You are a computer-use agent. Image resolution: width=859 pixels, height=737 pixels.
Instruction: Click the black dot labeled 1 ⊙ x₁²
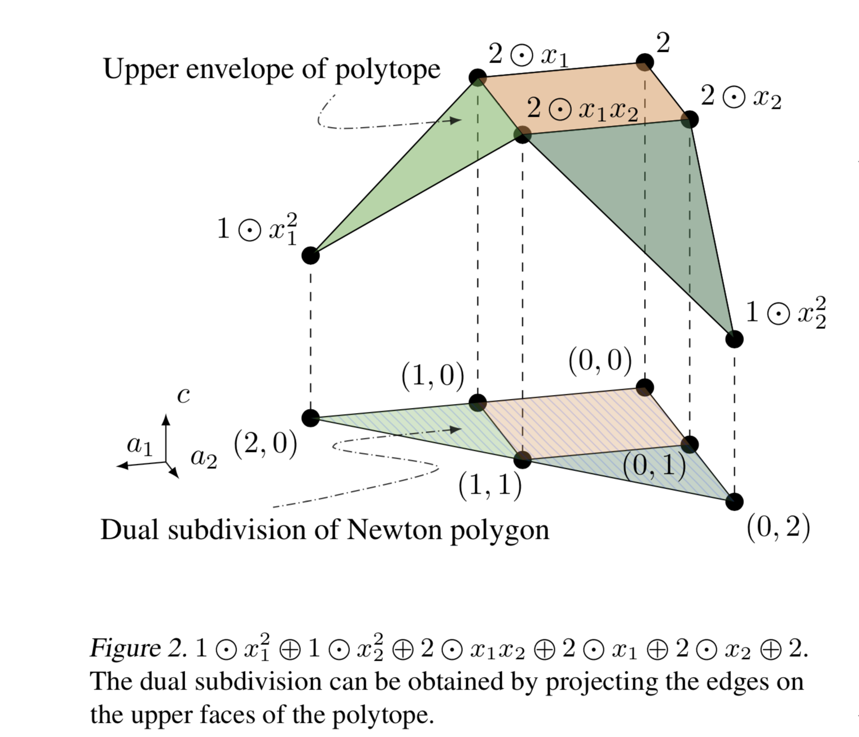point(310,255)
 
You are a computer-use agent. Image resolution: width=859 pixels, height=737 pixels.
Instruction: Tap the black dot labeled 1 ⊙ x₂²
point(734,339)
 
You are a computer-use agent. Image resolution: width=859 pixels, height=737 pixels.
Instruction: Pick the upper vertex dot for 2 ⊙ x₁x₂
point(523,134)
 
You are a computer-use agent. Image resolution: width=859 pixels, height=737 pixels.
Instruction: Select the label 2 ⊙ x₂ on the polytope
point(740,98)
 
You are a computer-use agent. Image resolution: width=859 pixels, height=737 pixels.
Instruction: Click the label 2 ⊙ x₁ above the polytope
point(528,55)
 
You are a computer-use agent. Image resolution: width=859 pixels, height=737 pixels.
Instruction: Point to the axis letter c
point(183,396)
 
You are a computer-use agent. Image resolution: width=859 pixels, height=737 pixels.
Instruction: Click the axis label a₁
point(139,445)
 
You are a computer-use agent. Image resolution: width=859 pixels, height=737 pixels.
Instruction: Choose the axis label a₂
point(204,458)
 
